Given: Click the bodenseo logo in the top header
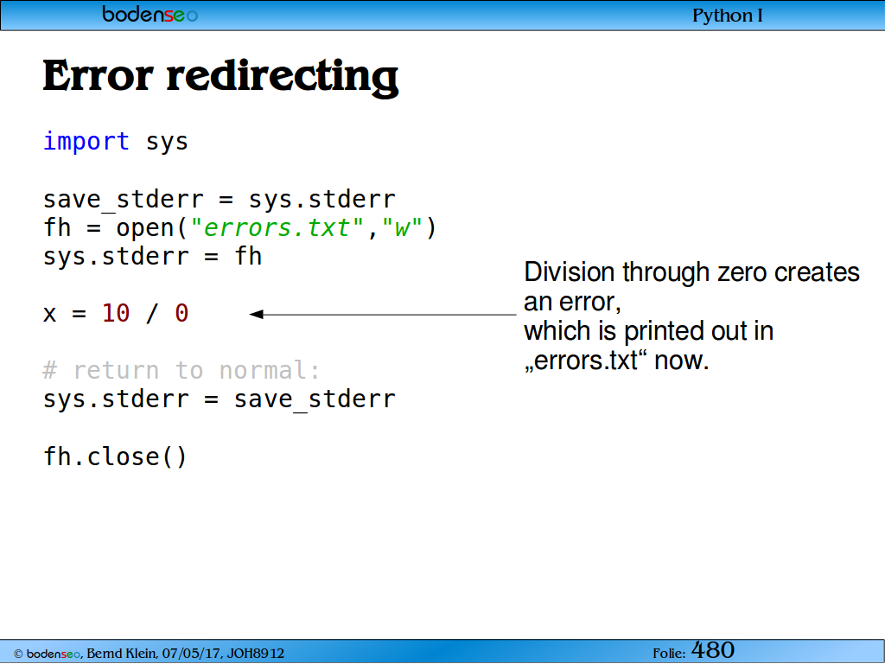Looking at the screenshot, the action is point(150,14).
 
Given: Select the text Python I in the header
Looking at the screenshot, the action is point(728,16).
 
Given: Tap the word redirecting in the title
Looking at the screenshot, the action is point(283,78).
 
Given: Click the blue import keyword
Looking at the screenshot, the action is point(86,141).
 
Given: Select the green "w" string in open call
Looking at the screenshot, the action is point(402,227).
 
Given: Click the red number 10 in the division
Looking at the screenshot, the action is point(117,313).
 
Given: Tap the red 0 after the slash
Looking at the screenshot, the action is point(181,313).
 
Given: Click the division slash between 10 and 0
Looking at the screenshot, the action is point(151,313).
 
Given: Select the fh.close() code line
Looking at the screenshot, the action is point(115,456).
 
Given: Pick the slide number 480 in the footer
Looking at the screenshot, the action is point(713,650).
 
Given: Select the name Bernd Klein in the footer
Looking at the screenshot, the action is point(122,654).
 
